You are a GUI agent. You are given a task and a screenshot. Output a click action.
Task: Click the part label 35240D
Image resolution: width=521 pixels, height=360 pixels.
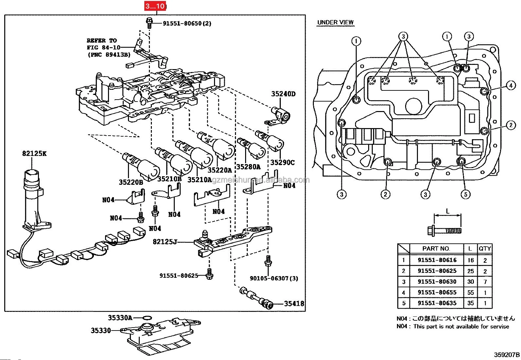283,94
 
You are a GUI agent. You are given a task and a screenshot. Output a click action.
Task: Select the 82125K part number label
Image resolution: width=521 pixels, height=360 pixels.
34,153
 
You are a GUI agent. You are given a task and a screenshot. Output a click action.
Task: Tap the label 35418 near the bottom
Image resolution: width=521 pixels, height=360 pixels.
294,304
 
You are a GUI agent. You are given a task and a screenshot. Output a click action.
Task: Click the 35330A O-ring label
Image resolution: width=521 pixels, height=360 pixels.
120,317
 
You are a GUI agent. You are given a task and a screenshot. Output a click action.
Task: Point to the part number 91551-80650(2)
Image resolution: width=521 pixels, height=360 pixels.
187,24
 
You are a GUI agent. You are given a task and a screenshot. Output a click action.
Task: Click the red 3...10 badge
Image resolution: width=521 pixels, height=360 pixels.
155,6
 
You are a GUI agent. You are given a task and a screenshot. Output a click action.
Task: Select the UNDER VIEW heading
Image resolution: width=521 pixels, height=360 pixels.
335,22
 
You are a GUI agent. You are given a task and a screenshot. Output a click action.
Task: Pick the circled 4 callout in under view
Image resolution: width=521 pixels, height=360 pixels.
511,86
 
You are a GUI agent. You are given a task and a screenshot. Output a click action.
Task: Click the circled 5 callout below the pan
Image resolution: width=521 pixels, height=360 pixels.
465,194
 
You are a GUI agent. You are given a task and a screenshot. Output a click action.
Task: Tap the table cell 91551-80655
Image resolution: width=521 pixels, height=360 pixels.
437,292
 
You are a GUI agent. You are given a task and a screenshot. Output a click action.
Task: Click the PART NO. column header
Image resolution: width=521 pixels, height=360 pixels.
436,249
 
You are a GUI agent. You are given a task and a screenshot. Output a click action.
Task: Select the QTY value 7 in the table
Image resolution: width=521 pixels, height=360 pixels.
485,282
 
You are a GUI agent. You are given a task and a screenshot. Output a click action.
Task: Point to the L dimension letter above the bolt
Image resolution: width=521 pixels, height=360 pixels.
448,212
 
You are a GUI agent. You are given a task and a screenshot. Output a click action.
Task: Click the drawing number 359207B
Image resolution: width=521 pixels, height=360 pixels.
507,354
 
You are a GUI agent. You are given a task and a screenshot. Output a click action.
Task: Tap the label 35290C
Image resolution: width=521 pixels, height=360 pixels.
282,162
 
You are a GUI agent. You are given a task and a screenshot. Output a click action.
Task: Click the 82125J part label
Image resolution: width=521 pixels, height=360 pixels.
165,242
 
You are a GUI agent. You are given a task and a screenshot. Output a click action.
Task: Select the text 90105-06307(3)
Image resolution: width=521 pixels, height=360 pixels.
274,278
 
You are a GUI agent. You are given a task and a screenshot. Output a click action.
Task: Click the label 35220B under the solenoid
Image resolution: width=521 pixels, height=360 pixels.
131,182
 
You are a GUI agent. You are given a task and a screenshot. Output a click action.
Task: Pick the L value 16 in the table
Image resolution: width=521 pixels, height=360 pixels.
470,260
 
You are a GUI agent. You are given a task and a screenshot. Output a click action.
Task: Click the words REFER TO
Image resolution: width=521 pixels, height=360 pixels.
101,41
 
